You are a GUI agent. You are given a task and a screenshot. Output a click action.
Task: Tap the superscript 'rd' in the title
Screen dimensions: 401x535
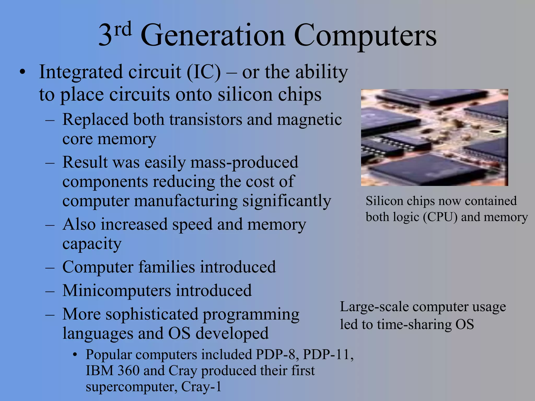[123, 29]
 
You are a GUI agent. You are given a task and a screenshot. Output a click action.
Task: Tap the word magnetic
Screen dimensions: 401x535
[309, 120]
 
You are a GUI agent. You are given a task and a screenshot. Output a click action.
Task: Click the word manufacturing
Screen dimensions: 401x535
[186, 201]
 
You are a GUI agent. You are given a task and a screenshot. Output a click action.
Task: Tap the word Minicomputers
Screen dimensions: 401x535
[117, 290]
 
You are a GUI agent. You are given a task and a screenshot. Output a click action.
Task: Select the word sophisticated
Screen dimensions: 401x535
[152, 314]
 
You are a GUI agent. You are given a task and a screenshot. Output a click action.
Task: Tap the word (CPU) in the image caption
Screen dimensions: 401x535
[440, 217]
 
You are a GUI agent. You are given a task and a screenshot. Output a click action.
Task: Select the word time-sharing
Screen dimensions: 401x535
[414, 325]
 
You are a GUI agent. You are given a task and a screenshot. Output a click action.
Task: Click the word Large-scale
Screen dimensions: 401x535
[374, 307]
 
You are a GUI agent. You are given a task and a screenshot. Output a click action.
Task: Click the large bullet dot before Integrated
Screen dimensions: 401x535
[23, 72]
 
